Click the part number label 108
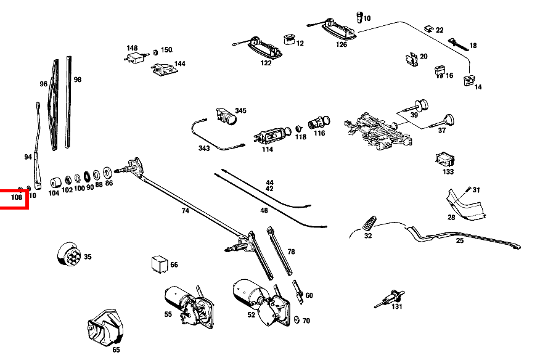point(16,197)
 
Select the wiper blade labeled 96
point(54,105)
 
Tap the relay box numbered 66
point(159,264)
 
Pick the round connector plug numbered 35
point(68,255)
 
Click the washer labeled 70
point(296,320)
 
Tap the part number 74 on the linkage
point(185,211)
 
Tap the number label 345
point(240,111)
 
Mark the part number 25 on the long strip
point(459,241)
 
